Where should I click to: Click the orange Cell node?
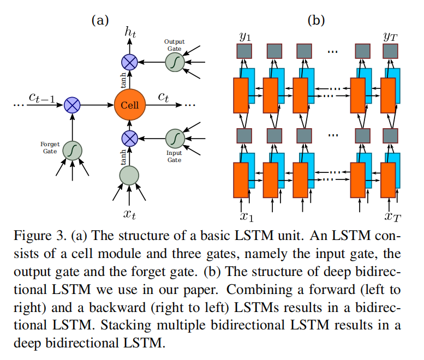click(x=130, y=104)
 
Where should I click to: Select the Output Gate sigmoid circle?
click(x=175, y=62)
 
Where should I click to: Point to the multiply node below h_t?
click(x=130, y=62)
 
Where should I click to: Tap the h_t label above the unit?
click(x=130, y=32)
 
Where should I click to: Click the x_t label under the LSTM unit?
click(x=129, y=214)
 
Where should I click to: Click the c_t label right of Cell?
click(x=164, y=97)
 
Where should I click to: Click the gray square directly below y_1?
click(x=243, y=52)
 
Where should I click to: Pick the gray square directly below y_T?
click(x=390, y=52)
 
